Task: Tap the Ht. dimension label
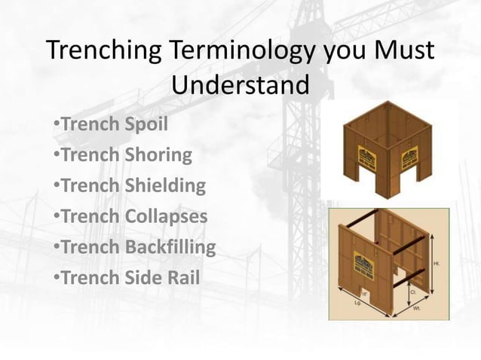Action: [437, 263]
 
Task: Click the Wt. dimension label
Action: [416, 308]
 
